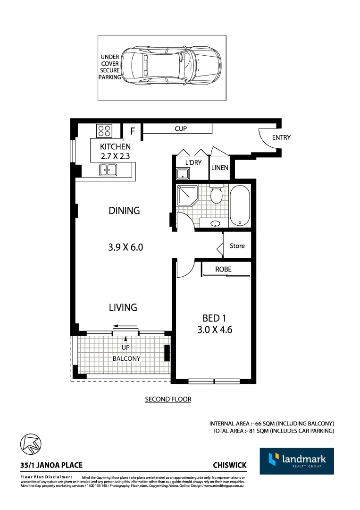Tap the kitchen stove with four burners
[104, 130]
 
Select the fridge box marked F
[133, 132]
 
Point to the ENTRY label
[281, 137]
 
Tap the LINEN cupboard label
[219, 168]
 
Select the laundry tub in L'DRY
[182, 174]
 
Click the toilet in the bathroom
[217, 194]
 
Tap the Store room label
[237, 246]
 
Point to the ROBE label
[223, 269]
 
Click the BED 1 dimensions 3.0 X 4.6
[215, 330]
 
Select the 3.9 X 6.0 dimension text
[125, 246]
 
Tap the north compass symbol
[31, 444]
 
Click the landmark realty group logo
[297, 461]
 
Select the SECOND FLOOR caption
[168, 399]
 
